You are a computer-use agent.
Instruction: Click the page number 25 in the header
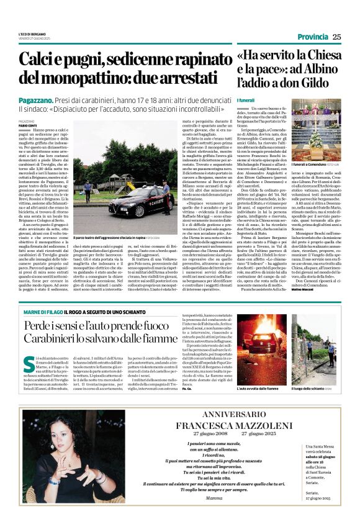[337, 37]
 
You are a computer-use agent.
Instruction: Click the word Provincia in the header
[313, 37]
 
